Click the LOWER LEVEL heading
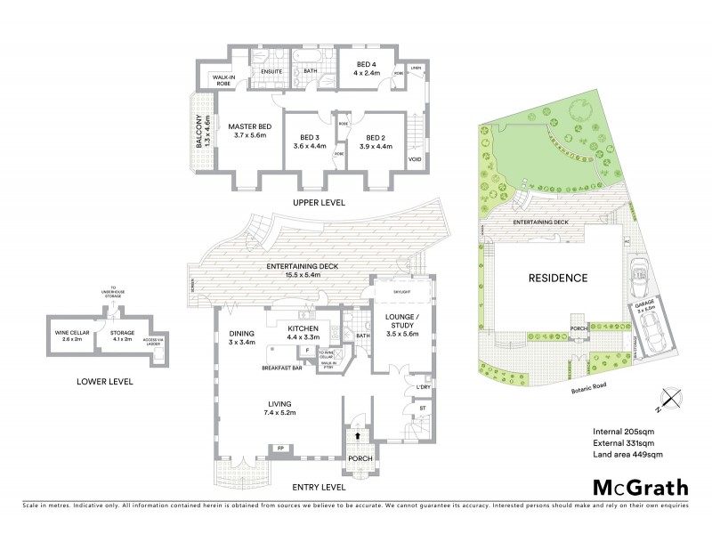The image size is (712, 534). [105, 381]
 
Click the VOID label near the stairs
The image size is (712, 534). [415, 160]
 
